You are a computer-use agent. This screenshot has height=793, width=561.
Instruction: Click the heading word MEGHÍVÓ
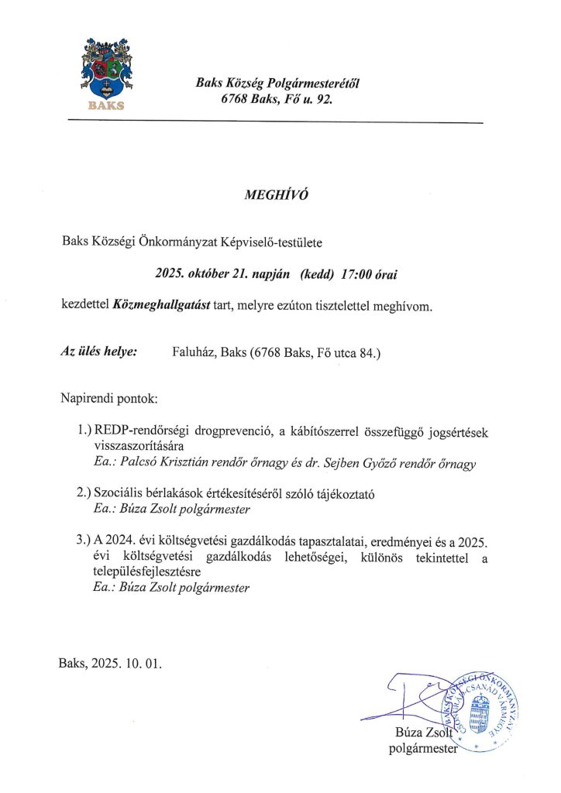[277, 195]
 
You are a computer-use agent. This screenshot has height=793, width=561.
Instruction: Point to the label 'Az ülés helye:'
[99, 352]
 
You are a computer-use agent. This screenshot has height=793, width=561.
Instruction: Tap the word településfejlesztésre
[146, 572]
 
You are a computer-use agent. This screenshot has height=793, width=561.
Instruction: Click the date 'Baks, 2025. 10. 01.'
[112, 664]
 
